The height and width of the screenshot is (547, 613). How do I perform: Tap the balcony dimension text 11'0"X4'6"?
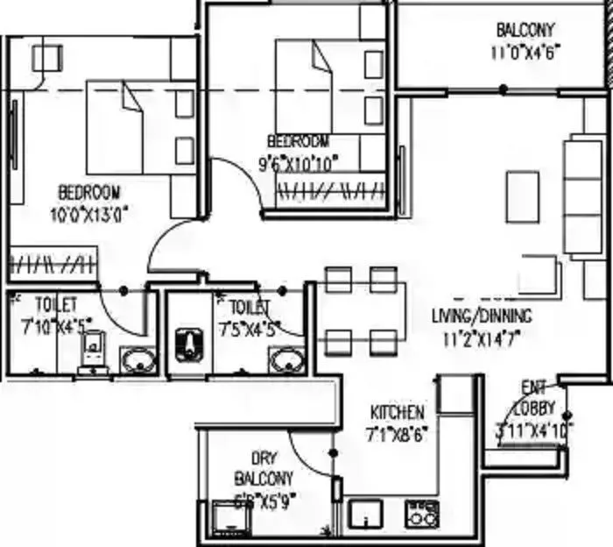click(x=525, y=51)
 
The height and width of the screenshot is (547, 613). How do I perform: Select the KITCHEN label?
click(x=397, y=412)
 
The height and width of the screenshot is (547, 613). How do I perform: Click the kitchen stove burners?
click(x=421, y=514)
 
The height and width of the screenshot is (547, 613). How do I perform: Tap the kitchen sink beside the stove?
click(x=363, y=514)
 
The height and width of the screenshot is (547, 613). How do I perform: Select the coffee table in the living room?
click(x=523, y=195)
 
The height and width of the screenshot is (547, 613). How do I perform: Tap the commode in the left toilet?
click(x=92, y=355)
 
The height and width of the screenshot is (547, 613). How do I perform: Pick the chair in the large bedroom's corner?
click(x=46, y=58)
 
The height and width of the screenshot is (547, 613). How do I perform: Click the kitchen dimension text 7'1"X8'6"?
click(x=397, y=433)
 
